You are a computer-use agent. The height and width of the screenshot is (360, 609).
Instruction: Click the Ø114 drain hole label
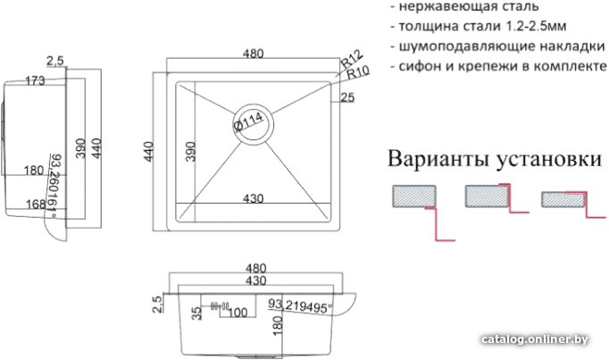pos(249,121)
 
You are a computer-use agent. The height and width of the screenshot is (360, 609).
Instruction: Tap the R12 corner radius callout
pos(352,59)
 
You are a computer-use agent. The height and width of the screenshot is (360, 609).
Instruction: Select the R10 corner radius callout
pos(358,71)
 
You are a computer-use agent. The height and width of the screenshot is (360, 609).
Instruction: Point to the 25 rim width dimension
pos(347,97)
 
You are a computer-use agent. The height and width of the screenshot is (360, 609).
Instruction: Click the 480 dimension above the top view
pos(254,54)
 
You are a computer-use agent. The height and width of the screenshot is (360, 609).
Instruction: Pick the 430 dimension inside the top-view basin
pos(254,198)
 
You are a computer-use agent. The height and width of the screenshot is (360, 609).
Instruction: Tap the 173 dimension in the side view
pos(35,80)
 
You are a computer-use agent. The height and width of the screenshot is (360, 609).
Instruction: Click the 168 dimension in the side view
pos(36,204)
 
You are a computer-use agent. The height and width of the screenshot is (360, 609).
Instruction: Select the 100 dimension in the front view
pos(238,313)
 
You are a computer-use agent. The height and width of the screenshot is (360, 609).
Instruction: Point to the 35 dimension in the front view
pos(197,313)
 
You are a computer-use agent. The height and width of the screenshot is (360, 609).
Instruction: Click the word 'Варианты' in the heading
pos(438,159)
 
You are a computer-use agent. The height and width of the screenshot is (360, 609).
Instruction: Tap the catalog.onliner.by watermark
pos(534,339)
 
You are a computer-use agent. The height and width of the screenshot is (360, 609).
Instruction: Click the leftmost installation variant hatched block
pos(414,197)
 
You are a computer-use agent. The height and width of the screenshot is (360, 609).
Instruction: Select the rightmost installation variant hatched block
pos(563,199)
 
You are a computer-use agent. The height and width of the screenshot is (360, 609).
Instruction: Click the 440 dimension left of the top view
pos(148,152)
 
